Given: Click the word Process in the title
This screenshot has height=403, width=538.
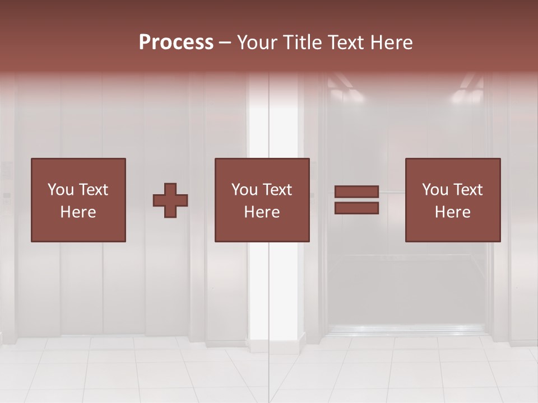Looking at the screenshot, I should [176, 43].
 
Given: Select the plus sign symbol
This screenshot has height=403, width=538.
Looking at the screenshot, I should [170, 200].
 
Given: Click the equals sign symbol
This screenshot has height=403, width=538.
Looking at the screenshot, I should [356, 200].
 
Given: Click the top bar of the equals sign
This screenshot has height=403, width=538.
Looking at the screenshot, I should [356, 193].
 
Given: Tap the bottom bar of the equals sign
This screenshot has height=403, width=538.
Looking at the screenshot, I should [356, 208].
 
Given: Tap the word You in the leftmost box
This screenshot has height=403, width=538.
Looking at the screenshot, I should [60, 190].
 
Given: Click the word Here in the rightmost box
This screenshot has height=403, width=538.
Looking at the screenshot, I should [452, 212].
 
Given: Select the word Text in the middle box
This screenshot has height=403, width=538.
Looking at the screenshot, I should [277, 190].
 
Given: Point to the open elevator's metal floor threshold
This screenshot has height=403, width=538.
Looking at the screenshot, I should [406, 330].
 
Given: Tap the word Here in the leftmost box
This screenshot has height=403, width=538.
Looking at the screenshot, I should [78, 212].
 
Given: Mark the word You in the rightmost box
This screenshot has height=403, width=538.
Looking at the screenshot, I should [434, 190].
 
